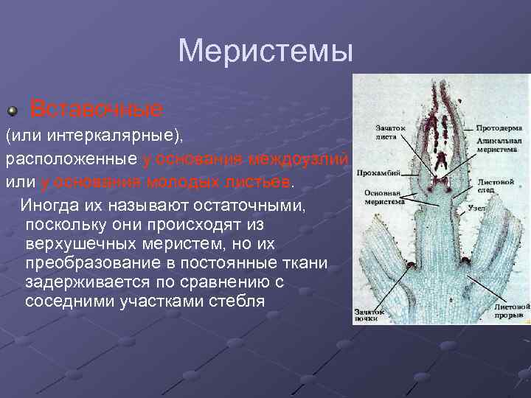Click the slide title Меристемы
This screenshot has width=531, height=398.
coord(265,52)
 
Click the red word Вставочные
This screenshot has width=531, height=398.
coord(96,110)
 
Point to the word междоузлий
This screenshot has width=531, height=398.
coord(299,159)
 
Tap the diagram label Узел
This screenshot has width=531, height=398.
coord(476,208)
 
